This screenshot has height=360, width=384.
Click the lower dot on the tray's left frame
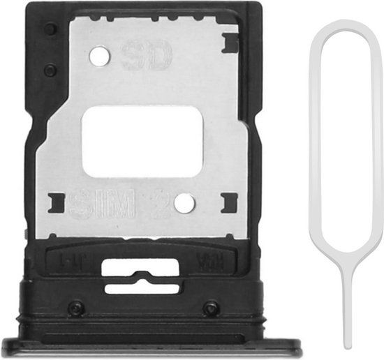point(49,70)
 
